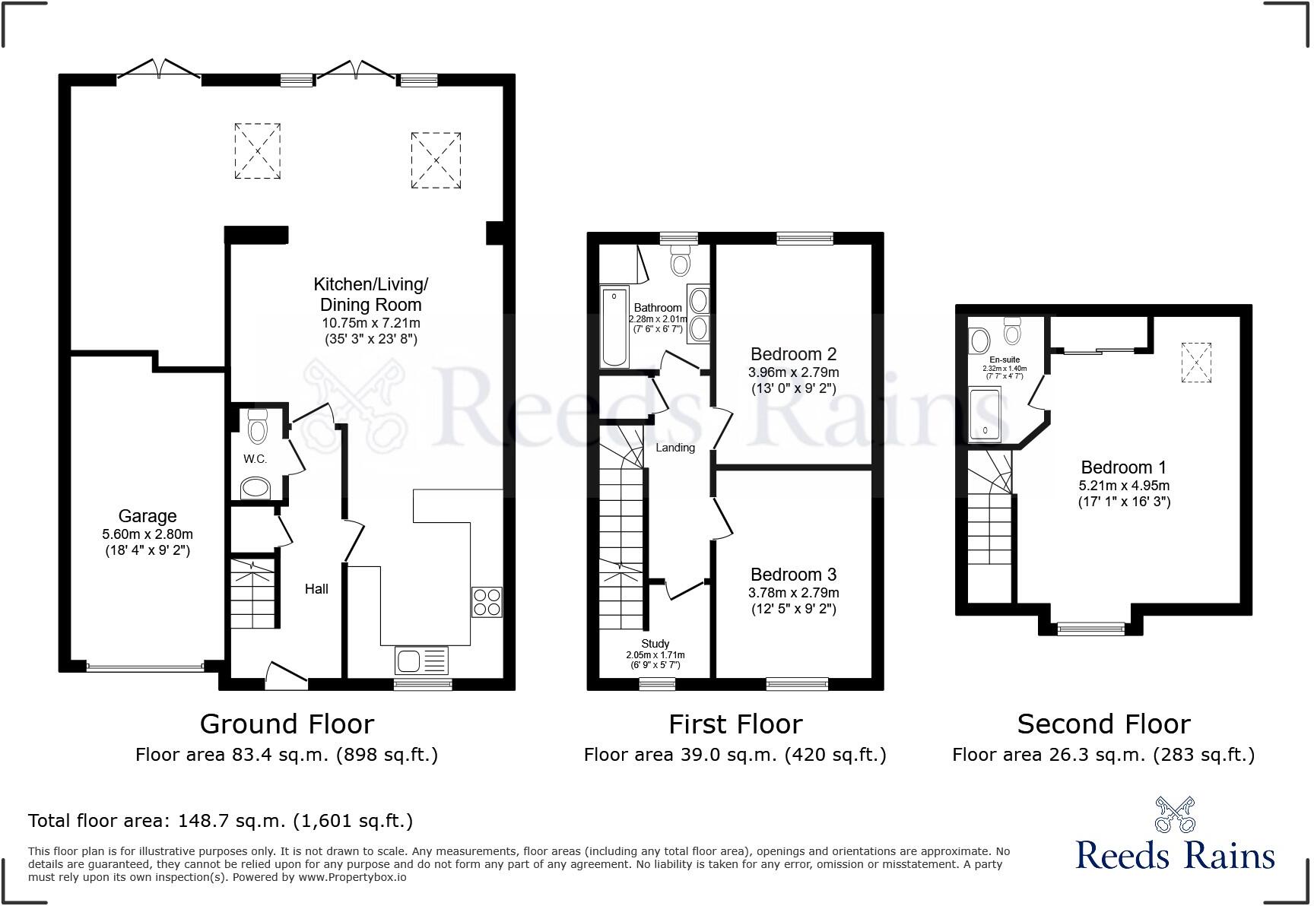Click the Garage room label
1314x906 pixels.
pos(148,517)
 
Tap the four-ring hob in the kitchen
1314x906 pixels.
pos(487,602)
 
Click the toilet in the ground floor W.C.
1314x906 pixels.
pos(259,427)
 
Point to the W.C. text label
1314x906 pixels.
pos(255,459)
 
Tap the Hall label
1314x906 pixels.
pos(316,589)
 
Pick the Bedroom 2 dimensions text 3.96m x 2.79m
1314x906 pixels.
pos(793,372)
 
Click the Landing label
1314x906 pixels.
pos(675,448)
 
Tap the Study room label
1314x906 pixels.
pos(655,644)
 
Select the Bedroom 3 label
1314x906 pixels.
pos(793,575)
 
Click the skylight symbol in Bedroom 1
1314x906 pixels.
pos(1196,363)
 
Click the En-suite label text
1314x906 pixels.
pos(1005,360)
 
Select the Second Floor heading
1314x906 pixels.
pos(1103,724)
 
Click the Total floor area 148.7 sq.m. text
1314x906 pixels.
pos(221,821)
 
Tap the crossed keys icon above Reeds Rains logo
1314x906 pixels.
pos(1175,815)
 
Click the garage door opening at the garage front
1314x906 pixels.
pos(144,667)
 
